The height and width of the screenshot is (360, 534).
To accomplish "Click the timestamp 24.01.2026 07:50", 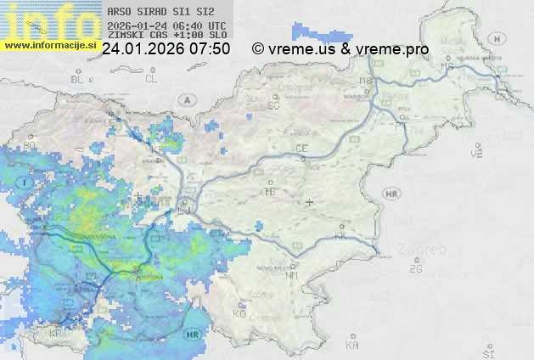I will coord(166,49).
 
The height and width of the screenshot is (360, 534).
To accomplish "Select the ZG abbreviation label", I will coord(415,269).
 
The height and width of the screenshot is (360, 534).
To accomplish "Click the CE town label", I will coord(301,149).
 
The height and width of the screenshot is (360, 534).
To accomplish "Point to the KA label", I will coord(353,345).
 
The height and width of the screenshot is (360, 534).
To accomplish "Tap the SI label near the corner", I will coord(486,352).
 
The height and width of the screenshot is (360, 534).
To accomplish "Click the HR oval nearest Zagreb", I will coord(391,194).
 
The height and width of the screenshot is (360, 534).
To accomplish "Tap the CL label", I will coord(151,79).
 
